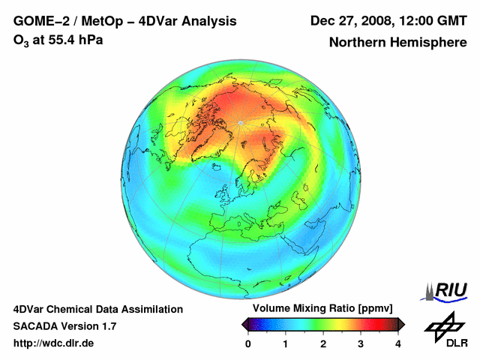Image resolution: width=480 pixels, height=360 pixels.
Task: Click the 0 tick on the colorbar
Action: coord(248,343)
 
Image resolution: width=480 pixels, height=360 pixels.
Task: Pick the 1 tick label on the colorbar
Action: coord(286,343)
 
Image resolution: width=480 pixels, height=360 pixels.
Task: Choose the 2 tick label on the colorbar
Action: coord(323,343)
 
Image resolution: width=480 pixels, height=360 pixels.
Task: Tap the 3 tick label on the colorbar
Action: coord(361,343)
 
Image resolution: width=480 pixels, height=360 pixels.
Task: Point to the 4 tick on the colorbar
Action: coord(398,343)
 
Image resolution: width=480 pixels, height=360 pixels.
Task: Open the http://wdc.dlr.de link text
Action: coord(54,343)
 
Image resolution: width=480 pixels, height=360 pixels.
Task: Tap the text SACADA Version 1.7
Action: coord(64,326)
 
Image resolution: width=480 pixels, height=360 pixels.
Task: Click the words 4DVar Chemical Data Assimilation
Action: coord(97,309)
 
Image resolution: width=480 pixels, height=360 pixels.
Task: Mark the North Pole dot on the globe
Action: coord(239,122)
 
